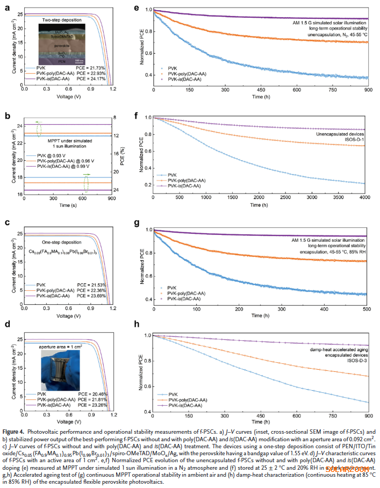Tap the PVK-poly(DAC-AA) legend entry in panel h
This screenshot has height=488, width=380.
185,400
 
